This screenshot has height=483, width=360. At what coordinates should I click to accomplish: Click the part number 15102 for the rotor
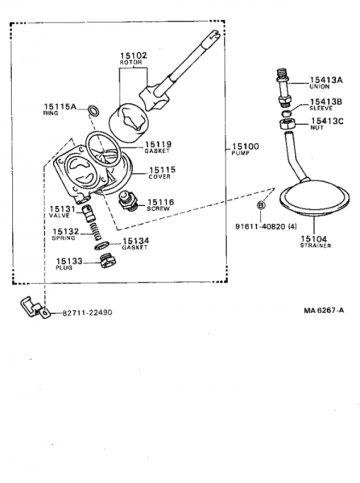tap(133, 56)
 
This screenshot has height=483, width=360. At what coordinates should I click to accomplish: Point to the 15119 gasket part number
tap(158, 144)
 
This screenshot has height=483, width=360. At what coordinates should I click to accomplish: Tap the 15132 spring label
tap(65, 232)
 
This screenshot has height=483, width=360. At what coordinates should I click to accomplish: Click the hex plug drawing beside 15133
tap(102, 263)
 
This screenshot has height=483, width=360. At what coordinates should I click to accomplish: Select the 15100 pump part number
tap(246, 147)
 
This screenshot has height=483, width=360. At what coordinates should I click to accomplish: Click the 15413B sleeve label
tap(326, 101)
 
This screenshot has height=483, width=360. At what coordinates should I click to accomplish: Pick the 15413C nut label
tap(327, 121)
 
